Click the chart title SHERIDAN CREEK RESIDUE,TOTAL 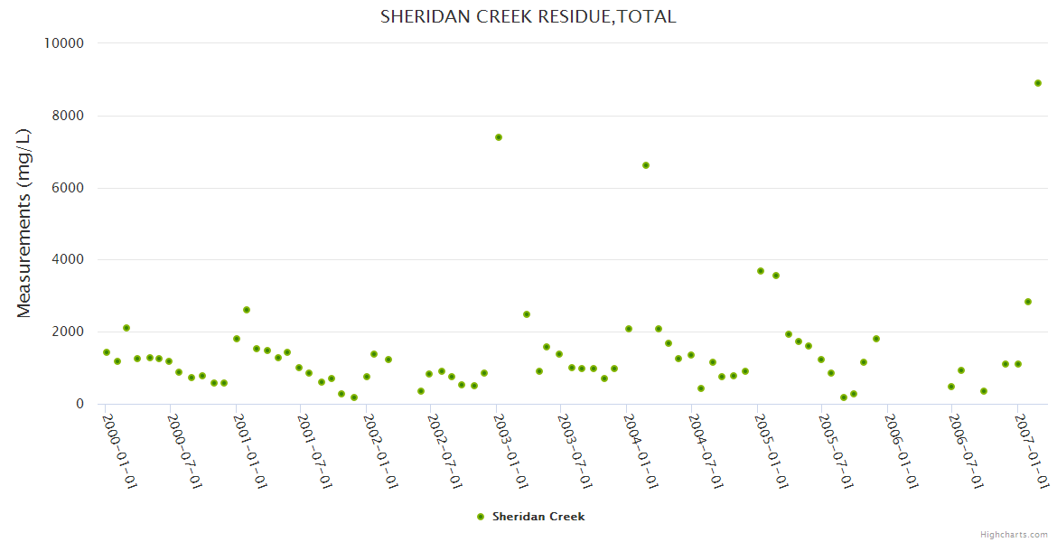click(528, 17)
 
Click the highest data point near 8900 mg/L click(1038, 83)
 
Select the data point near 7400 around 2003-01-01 click(498, 137)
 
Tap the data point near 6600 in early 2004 click(646, 165)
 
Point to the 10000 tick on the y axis click(63, 43)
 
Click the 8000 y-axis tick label click(67, 116)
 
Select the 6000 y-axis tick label click(67, 188)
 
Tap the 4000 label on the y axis click(67, 260)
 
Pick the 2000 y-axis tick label click(67, 332)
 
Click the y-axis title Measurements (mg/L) click(24, 223)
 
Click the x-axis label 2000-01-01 click(118, 451)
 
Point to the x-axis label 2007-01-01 click(1031, 451)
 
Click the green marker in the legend click(481, 517)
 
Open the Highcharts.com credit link click(1014, 535)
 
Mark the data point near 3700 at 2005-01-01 click(761, 271)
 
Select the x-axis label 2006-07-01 click(966, 451)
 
